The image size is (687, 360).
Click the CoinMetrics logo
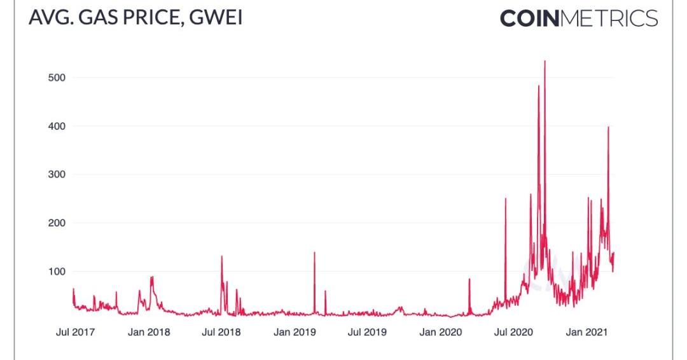point(578,18)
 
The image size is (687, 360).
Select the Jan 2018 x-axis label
point(148,332)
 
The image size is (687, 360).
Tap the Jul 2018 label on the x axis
point(221,332)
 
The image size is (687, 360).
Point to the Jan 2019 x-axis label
point(295,332)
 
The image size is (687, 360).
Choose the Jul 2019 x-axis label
point(367,332)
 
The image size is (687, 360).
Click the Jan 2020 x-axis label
point(441,332)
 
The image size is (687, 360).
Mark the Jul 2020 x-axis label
point(513,332)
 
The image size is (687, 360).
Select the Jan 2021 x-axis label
point(587,332)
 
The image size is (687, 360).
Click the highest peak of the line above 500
point(545,61)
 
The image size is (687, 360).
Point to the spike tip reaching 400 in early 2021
point(608,127)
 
